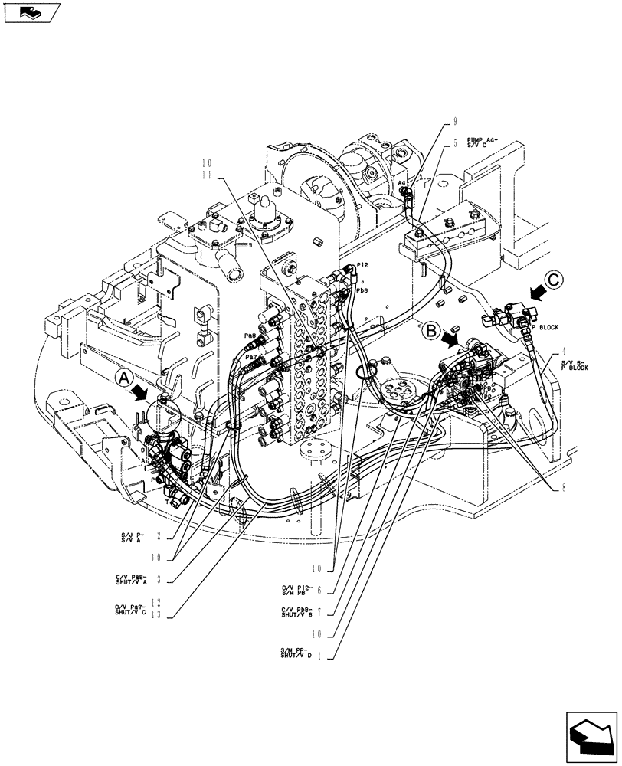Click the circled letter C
pyautogui.click(x=557, y=281)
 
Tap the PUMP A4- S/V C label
pyautogui.click(x=483, y=143)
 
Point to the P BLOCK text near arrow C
pyautogui.click(x=545, y=327)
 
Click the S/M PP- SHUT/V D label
pyautogui.click(x=296, y=654)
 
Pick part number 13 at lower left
pyautogui.click(x=157, y=614)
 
